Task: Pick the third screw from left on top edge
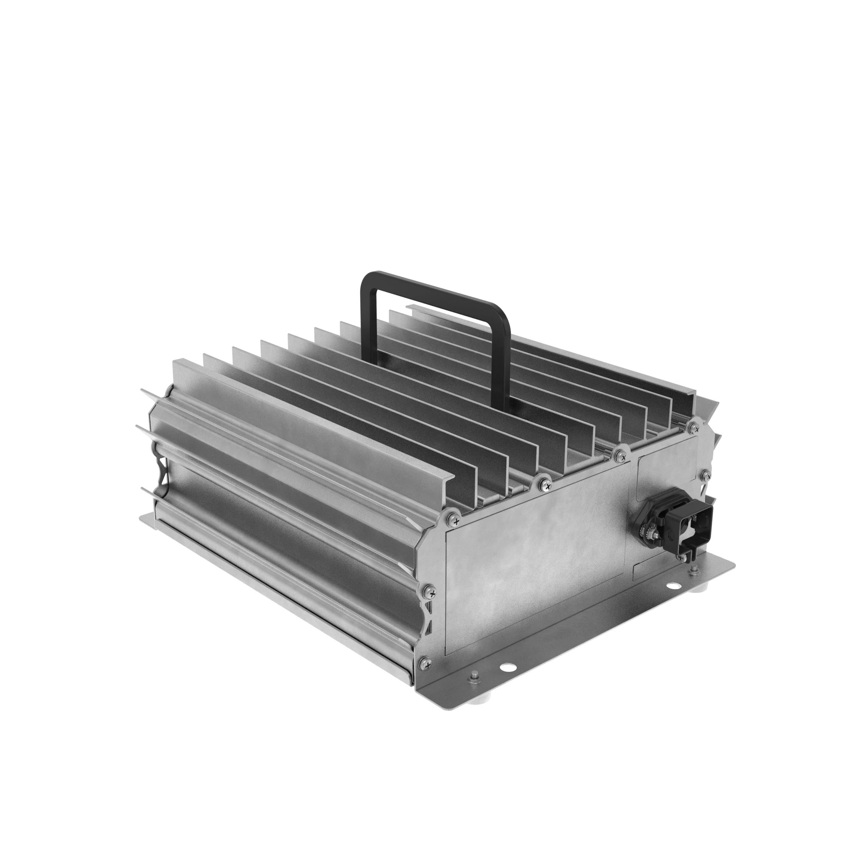(620, 454)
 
